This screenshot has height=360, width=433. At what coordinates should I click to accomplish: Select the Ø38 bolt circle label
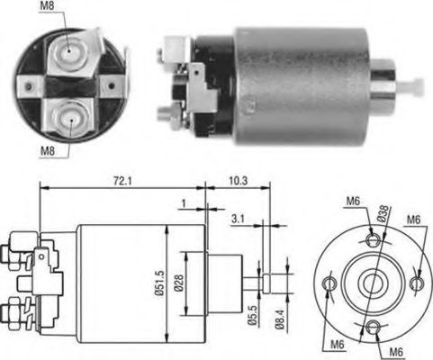point(384,213)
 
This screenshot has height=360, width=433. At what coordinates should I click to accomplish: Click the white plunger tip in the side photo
point(415,87)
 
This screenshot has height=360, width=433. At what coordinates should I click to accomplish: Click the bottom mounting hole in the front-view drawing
point(372,328)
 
